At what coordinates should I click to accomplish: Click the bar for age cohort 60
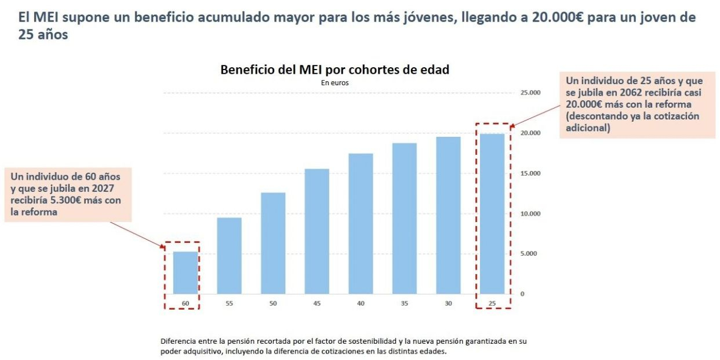[186, 272]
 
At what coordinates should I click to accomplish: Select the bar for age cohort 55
[230, 256]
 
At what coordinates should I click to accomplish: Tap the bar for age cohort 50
[274, 243]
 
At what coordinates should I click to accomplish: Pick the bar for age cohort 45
[317, 231]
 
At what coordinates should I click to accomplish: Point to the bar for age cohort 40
[361, 224]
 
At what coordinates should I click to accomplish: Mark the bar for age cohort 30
[448, 215]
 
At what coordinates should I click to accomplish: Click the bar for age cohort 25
[492, 214]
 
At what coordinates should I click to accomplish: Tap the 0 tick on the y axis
[522, 294]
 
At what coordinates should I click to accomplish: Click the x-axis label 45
[317, 303]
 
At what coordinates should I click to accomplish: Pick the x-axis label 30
[448, 303]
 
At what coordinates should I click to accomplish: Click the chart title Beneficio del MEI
[334, 70]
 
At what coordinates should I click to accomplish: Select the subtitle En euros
[334, 82]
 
